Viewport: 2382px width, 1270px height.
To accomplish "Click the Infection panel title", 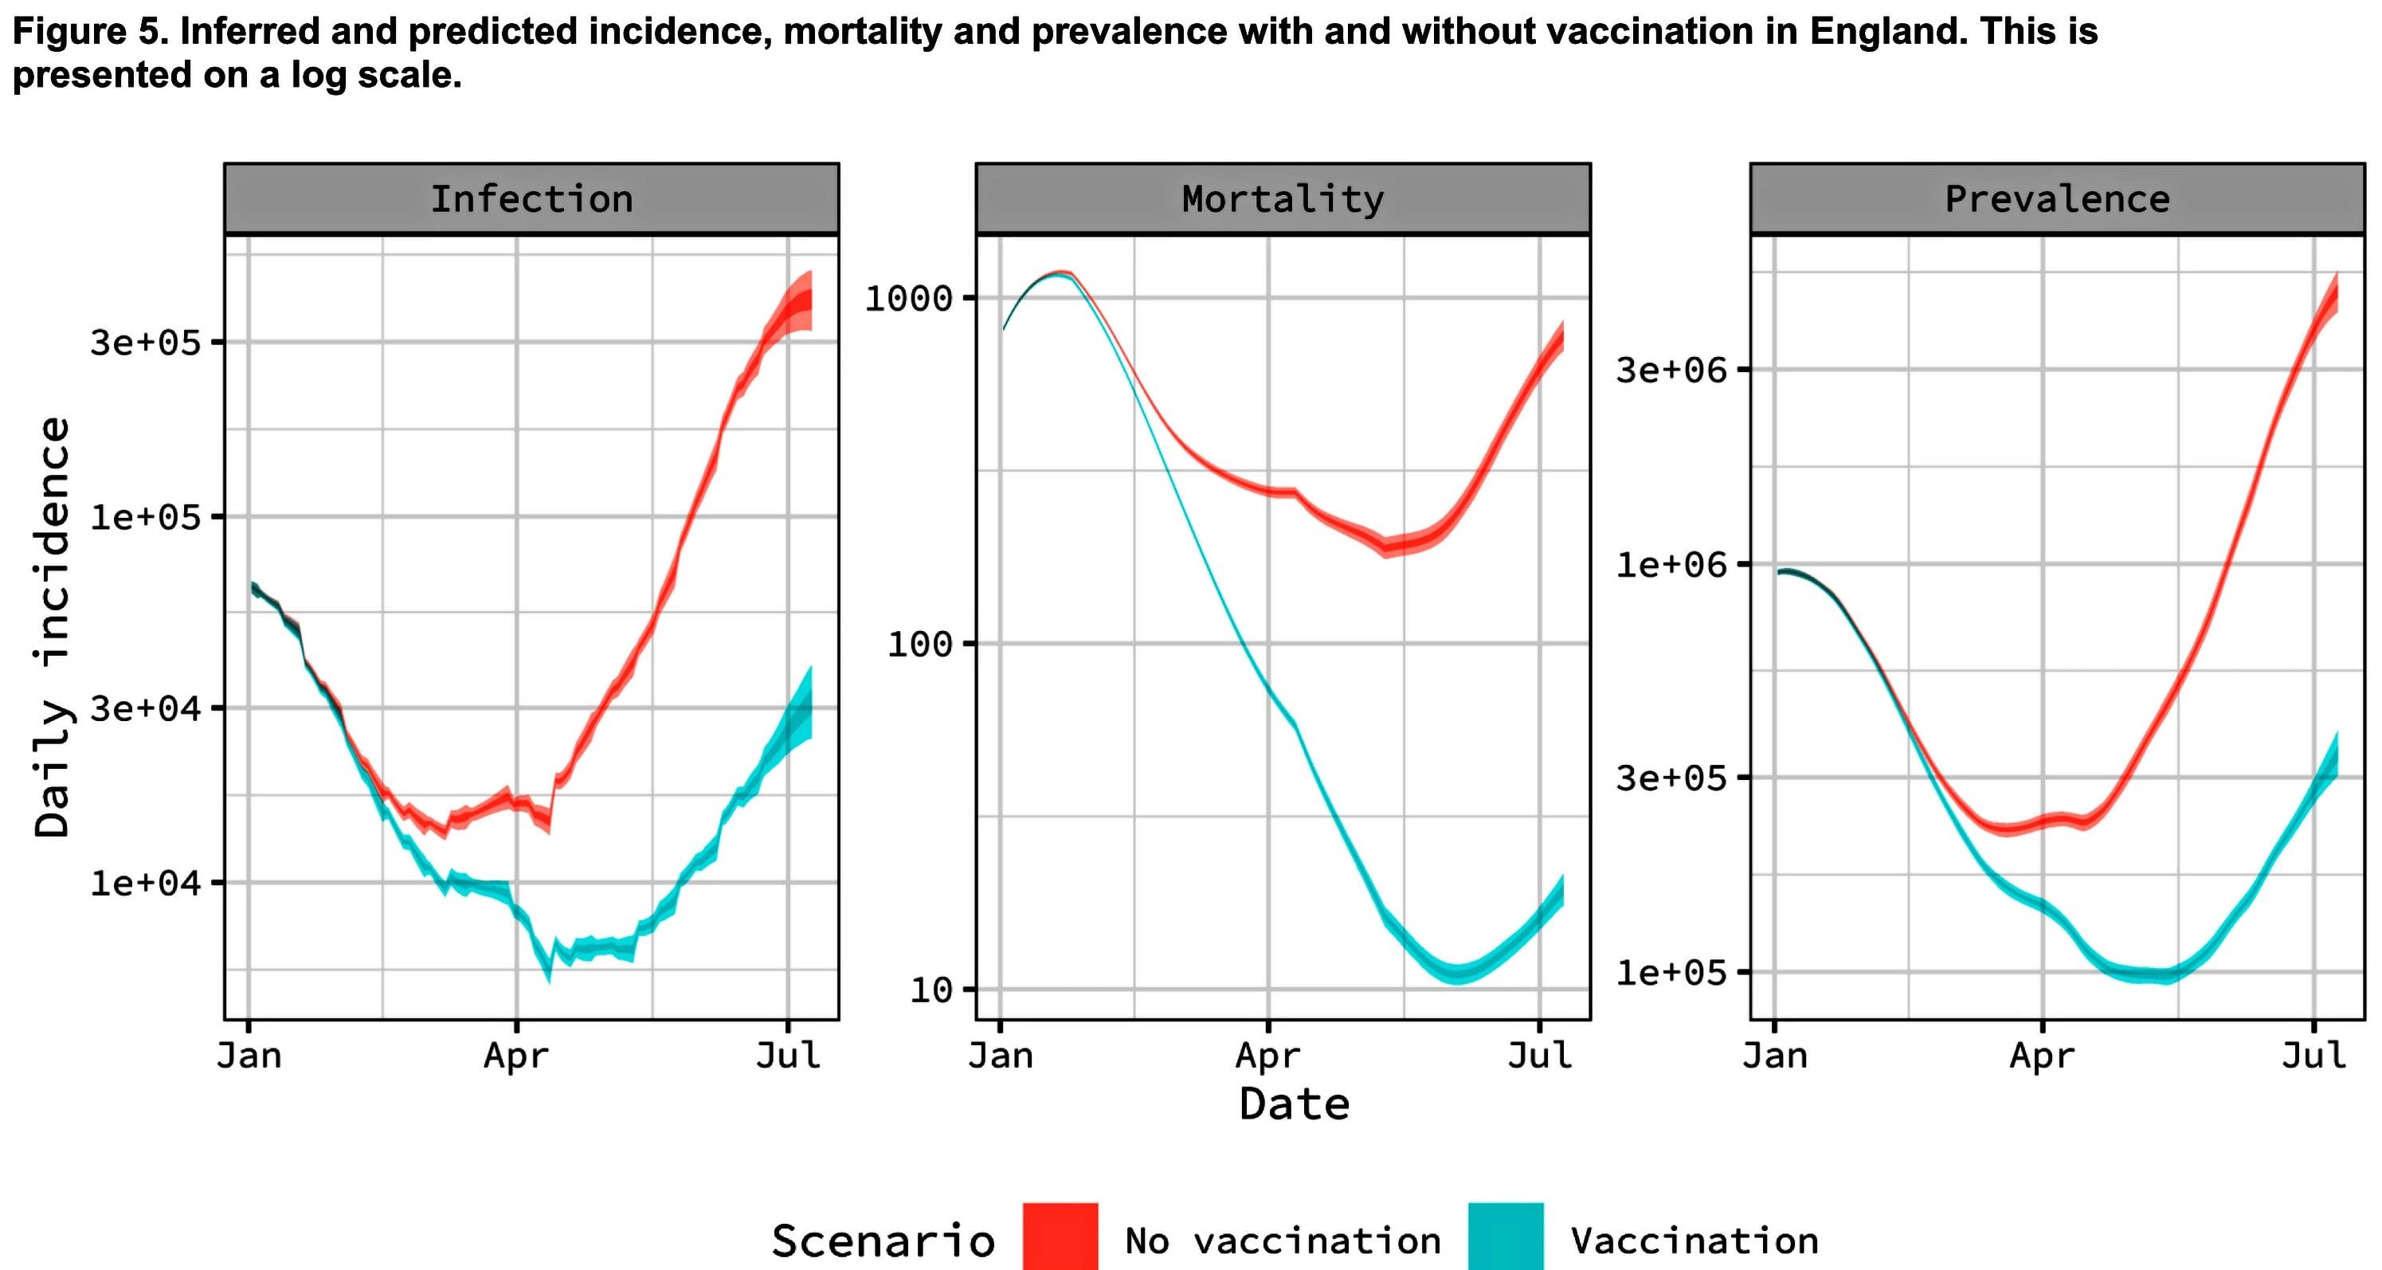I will coord(531,199).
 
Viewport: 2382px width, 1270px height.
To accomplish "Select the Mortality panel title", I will coord(1283,199).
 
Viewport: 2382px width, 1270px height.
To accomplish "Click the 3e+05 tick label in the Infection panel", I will coord(145,343).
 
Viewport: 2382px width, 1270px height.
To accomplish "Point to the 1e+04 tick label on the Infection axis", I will coord(145,883).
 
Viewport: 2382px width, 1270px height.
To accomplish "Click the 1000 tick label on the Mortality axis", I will coord(908,298).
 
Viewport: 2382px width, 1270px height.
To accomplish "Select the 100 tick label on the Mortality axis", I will coord(919,644).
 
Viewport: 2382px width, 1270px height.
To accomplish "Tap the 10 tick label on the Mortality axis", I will coord(930,990).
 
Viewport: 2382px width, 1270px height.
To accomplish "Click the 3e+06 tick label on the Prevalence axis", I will coord(1671,370).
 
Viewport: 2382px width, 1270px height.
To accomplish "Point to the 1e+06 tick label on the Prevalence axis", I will coord(1671,564).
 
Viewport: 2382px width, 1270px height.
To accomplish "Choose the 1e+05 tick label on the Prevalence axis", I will coord(1671,972).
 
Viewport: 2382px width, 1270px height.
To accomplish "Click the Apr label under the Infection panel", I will coord(516,1056).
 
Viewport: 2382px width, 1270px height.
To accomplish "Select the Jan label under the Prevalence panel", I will coord(1774,1056).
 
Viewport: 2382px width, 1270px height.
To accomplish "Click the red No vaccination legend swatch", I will coord(1060,1237).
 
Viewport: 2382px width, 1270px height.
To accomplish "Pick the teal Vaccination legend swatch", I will coord(1506,1237).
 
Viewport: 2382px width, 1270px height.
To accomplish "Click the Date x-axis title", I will coord(1294,1104).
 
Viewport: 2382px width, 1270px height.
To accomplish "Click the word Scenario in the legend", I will coord(883,1241).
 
